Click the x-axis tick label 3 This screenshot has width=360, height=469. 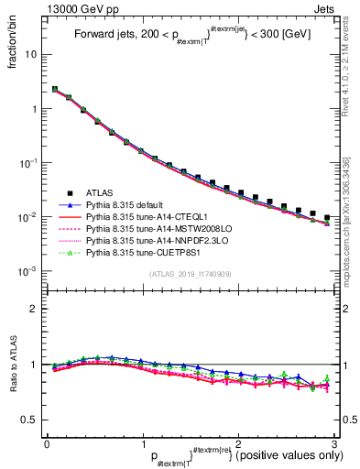click(333, 442)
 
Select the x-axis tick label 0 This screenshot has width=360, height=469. click(47, 442)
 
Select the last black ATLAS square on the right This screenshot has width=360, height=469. click(327, 218)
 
